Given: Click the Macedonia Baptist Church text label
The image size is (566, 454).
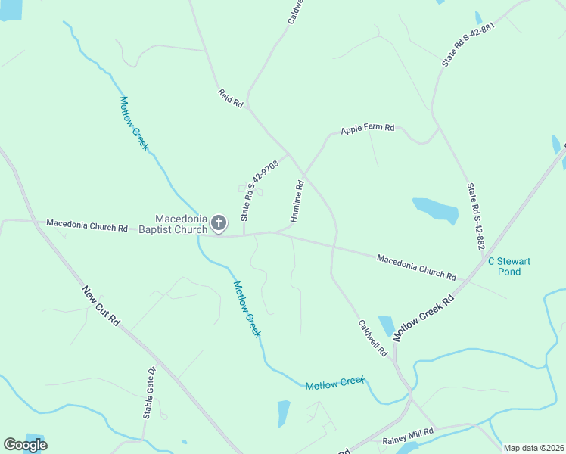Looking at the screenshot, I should (x=181, y=224).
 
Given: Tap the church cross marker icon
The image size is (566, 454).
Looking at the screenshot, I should (x=219, y=222).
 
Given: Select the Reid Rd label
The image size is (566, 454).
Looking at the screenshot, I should (x=231, y=98).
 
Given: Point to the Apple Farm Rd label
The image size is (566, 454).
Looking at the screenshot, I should (x=368, y=129).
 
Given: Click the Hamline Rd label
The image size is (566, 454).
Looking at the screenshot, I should (x=297, y=201).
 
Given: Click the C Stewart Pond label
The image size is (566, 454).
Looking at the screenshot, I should (x=508, y=266).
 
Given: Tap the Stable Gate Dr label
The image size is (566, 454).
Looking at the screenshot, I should (x=149, y=393).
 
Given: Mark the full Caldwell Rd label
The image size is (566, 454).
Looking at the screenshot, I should (x=372, y=337).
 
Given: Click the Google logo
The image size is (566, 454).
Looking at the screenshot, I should (x=25, y=445).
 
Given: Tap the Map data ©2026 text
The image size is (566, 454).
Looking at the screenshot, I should (x=533, y=448).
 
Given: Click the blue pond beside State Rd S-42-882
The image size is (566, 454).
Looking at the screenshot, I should (x=435, y=212).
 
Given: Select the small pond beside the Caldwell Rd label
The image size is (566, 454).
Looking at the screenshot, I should (x=386, y=326).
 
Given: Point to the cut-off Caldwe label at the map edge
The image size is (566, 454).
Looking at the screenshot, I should (x=296, y=11).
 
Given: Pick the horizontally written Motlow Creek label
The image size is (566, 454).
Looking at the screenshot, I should (x=334, y=383).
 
